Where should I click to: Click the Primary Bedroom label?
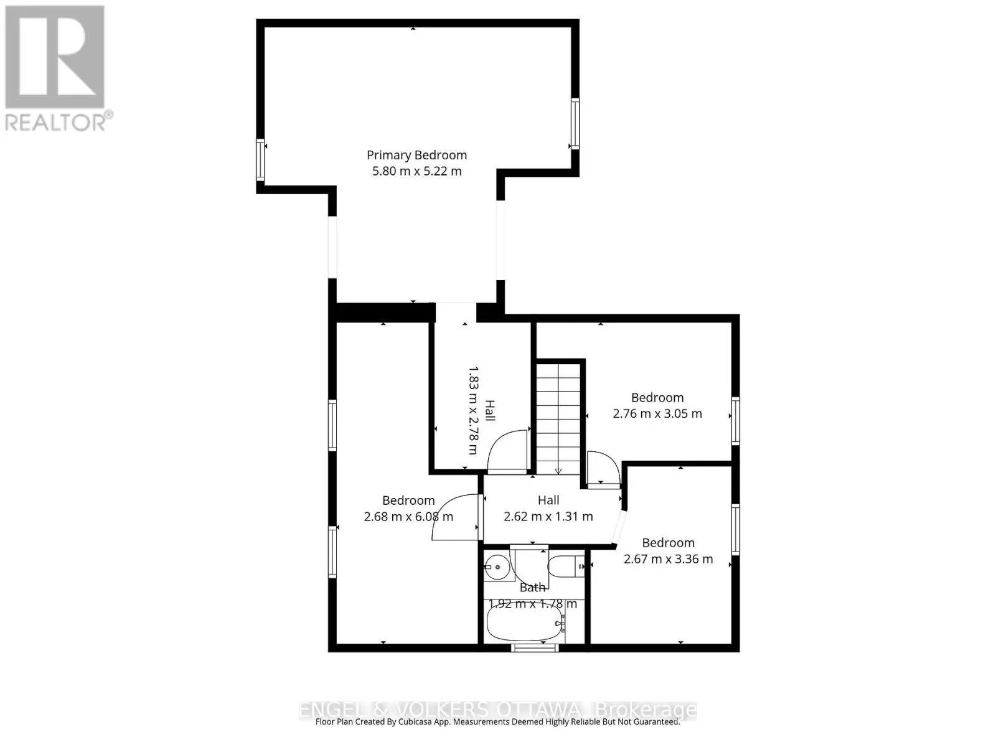coord(416,155)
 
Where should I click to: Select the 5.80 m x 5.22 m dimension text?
coord(416,171)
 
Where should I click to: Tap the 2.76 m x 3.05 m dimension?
coord(657,413)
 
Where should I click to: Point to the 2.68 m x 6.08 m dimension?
coord(408,517)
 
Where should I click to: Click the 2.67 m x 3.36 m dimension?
coord(668,559)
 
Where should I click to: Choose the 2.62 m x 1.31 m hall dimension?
coord(548,517)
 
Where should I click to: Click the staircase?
coord(558,417)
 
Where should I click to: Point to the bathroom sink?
coord(497,567)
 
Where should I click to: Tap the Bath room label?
coord(532,588)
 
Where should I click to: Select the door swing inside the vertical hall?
coord(507,451)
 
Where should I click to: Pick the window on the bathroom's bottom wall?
coord(535,648)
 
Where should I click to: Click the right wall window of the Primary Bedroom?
coord(575,123)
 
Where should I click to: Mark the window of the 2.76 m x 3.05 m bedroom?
coord(735,420)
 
